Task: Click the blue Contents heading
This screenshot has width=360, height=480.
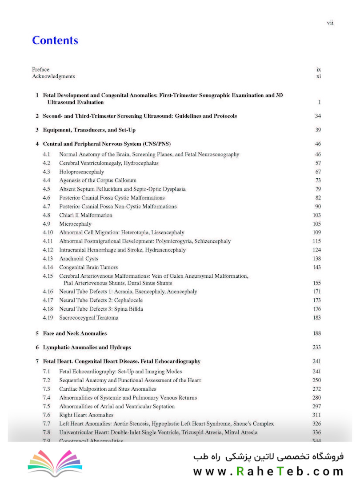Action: pos(55,40)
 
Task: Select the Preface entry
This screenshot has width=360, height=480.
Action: pos(40,69)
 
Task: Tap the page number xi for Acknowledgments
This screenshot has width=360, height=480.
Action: pos(319,76)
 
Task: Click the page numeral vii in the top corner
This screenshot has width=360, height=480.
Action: pos(330,23)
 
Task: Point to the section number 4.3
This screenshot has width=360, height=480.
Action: pos(47,172)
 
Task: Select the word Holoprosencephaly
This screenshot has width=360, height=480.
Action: pos(82,172)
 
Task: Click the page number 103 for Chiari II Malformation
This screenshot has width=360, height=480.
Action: pos(317,215)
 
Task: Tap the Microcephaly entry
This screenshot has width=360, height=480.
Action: pos(75,224)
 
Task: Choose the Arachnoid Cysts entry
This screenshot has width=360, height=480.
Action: pos(79,259)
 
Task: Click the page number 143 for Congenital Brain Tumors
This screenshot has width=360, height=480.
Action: pos(317,268)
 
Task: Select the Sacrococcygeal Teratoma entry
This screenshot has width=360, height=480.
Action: pos(89,318)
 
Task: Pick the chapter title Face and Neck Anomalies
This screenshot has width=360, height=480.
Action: pos(75,333)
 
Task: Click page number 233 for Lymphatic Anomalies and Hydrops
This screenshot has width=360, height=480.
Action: pos(316,348)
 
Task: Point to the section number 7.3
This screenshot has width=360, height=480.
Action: pos(47,389)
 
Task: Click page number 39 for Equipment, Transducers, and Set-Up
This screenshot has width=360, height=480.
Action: pos(318,130)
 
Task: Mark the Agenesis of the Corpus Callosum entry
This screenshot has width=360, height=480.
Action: pos(98,180)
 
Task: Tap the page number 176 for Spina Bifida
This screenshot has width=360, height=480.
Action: pos(317,309)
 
